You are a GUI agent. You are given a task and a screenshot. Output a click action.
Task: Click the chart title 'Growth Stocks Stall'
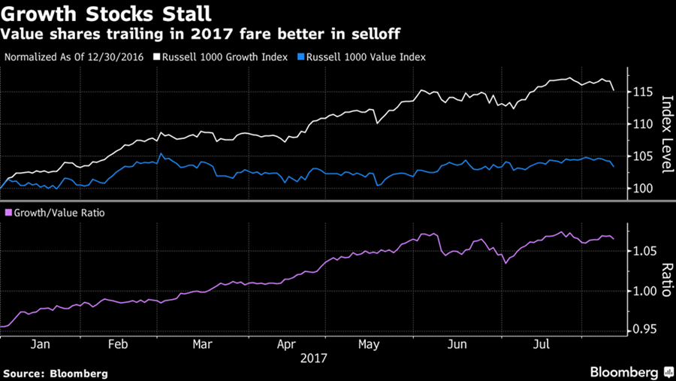tap(107, 14)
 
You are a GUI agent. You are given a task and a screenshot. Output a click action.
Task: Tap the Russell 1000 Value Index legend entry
tap(363, 57)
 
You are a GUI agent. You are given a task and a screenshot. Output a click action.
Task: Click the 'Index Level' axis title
tap(664, 133)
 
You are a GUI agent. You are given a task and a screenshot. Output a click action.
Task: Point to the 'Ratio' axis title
tap(664, 279)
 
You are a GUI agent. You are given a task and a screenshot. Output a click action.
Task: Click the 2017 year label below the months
tap(314, 358)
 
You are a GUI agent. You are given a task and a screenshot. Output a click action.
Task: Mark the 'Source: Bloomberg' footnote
tap(56, 373)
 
